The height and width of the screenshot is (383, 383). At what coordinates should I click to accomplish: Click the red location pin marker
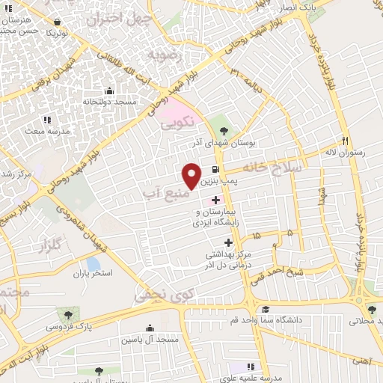click(x=191, y=174)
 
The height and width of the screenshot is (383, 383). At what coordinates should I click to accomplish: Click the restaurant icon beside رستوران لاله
click(x=345, y=140)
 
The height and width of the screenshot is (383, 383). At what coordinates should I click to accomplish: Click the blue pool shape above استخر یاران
click(x=94, y=264)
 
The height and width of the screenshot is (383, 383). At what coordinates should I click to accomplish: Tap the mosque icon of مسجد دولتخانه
click(x=110, y=90)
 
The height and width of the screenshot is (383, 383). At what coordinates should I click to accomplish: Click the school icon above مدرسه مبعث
click(x=47, y=120)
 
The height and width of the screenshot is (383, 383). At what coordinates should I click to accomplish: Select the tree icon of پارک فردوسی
click(x=69, y=314)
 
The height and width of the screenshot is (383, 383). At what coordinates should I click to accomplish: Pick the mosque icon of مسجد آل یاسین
click(x=150, y=328)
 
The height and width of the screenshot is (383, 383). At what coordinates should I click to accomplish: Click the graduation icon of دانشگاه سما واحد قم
click(x=265, y=310)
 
